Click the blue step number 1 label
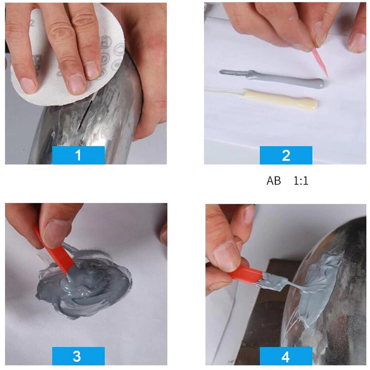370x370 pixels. [x=78, y=155]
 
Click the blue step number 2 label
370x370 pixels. [x=286, y=155]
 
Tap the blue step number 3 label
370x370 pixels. [x=78, y=356]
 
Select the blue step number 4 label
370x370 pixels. [x=286, y=356]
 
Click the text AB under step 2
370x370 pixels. [x=274, y=181]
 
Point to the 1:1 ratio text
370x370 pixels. [x=301, y=181]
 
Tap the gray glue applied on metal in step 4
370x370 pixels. [x=318, y=285]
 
